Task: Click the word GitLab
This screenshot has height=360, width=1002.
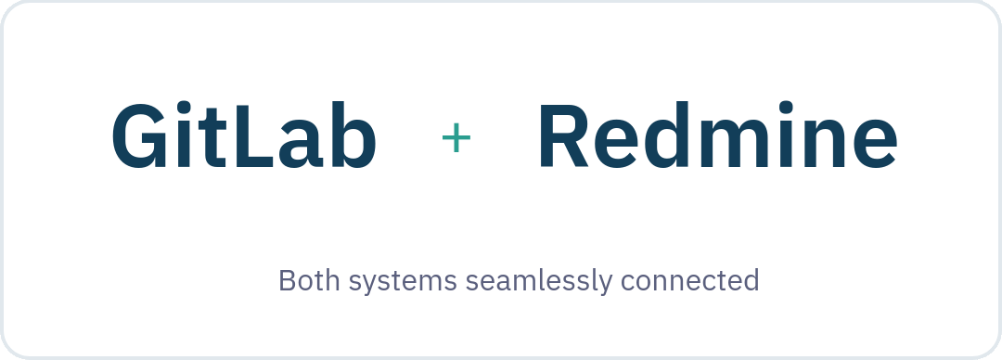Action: coord(244,137)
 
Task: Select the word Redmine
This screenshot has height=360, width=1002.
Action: coord(717,137)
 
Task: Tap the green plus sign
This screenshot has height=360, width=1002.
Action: coord(456,139)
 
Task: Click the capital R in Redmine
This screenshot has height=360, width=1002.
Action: coord(567,137)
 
